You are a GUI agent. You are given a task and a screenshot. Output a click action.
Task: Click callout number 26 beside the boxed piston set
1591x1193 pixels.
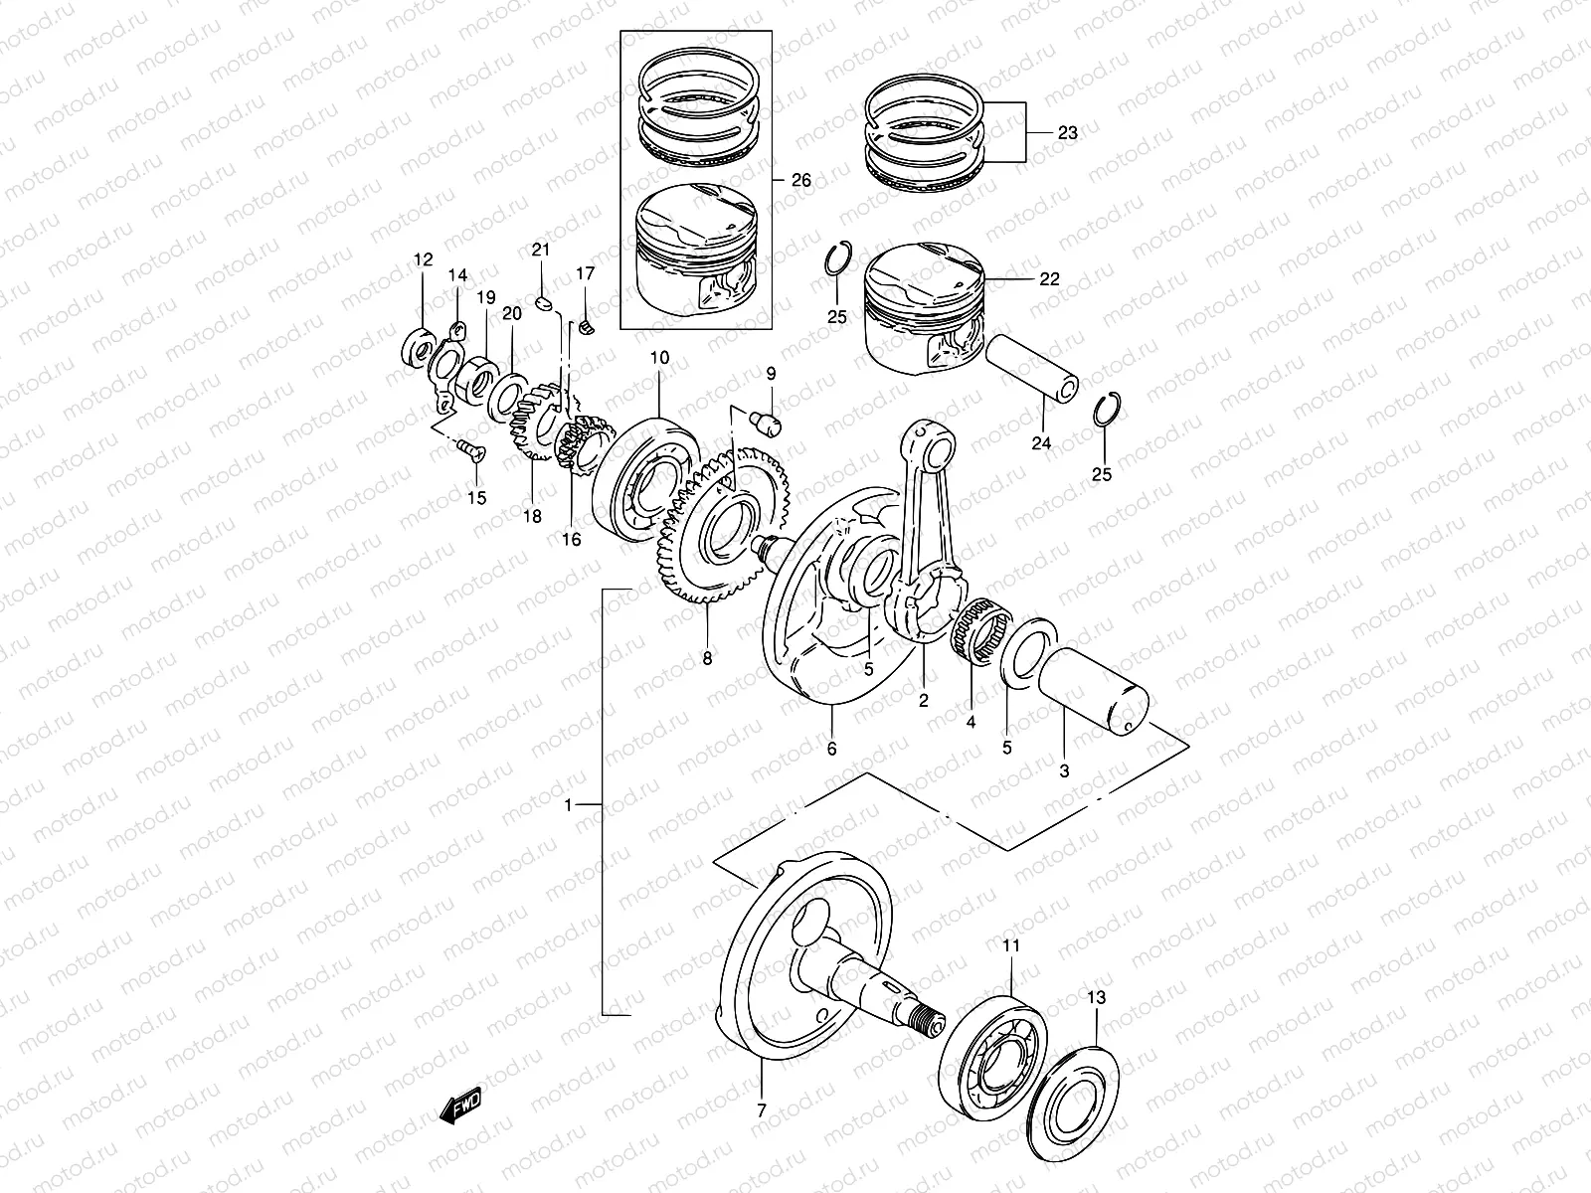[x=800, y=180]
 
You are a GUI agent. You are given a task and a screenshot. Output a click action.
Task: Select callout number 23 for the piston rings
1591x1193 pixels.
[x=1067, y=132]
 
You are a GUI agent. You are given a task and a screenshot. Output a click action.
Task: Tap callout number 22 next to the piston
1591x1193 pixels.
[x=1049, y=279]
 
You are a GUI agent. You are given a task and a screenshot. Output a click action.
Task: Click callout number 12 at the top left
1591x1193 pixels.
[x=424, y=260]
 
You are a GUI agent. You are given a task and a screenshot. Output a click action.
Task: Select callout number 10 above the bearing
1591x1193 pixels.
[x=660, y=358]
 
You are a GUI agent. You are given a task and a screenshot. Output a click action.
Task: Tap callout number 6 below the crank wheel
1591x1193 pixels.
[x=832, y=748]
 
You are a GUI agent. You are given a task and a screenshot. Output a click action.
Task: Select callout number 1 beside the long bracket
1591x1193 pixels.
[x=569, y=805]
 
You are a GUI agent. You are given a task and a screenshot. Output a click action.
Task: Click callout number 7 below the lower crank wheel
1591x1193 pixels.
[x=762, y=1110]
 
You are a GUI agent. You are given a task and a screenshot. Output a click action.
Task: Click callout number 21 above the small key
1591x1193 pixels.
[x=540, y=249]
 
